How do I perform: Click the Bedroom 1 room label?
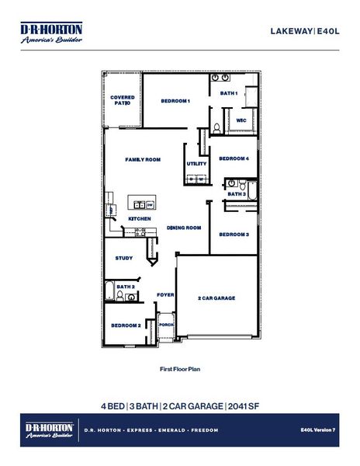click(175, 101)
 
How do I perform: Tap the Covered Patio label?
click(123, 100)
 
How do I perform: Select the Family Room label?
click(143, 159)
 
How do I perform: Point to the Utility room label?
click(196, 164)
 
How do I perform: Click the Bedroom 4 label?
click(234, 158)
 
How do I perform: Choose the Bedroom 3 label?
click(234, 234)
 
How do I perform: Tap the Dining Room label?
click(184, 228)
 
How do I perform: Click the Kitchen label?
click(140, 219)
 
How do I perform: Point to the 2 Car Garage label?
click(216, 298)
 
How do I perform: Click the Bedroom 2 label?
click(125, 325)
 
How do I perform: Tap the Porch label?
click(165, 325)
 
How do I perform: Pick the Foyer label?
click(165, 295)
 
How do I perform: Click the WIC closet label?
click(241, 120)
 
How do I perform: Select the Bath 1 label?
click(228, 93)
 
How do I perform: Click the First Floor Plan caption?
click(180, 370)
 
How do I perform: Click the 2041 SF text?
click(244, 406)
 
